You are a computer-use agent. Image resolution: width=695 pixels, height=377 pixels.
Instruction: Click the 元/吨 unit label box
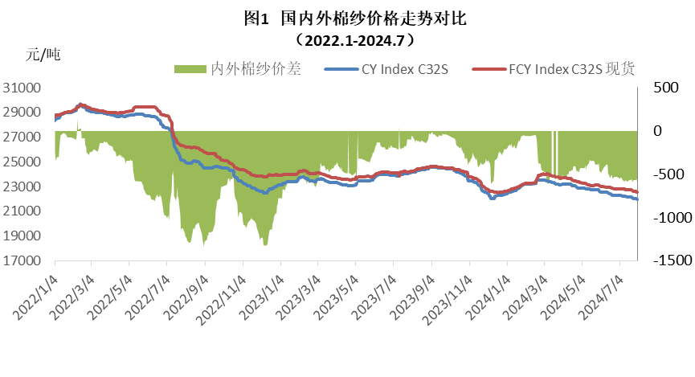coord(68,55)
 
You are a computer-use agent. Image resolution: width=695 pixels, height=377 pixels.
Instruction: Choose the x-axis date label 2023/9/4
coord(407,293)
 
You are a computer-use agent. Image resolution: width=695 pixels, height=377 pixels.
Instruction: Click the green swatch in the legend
coord(190,70)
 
